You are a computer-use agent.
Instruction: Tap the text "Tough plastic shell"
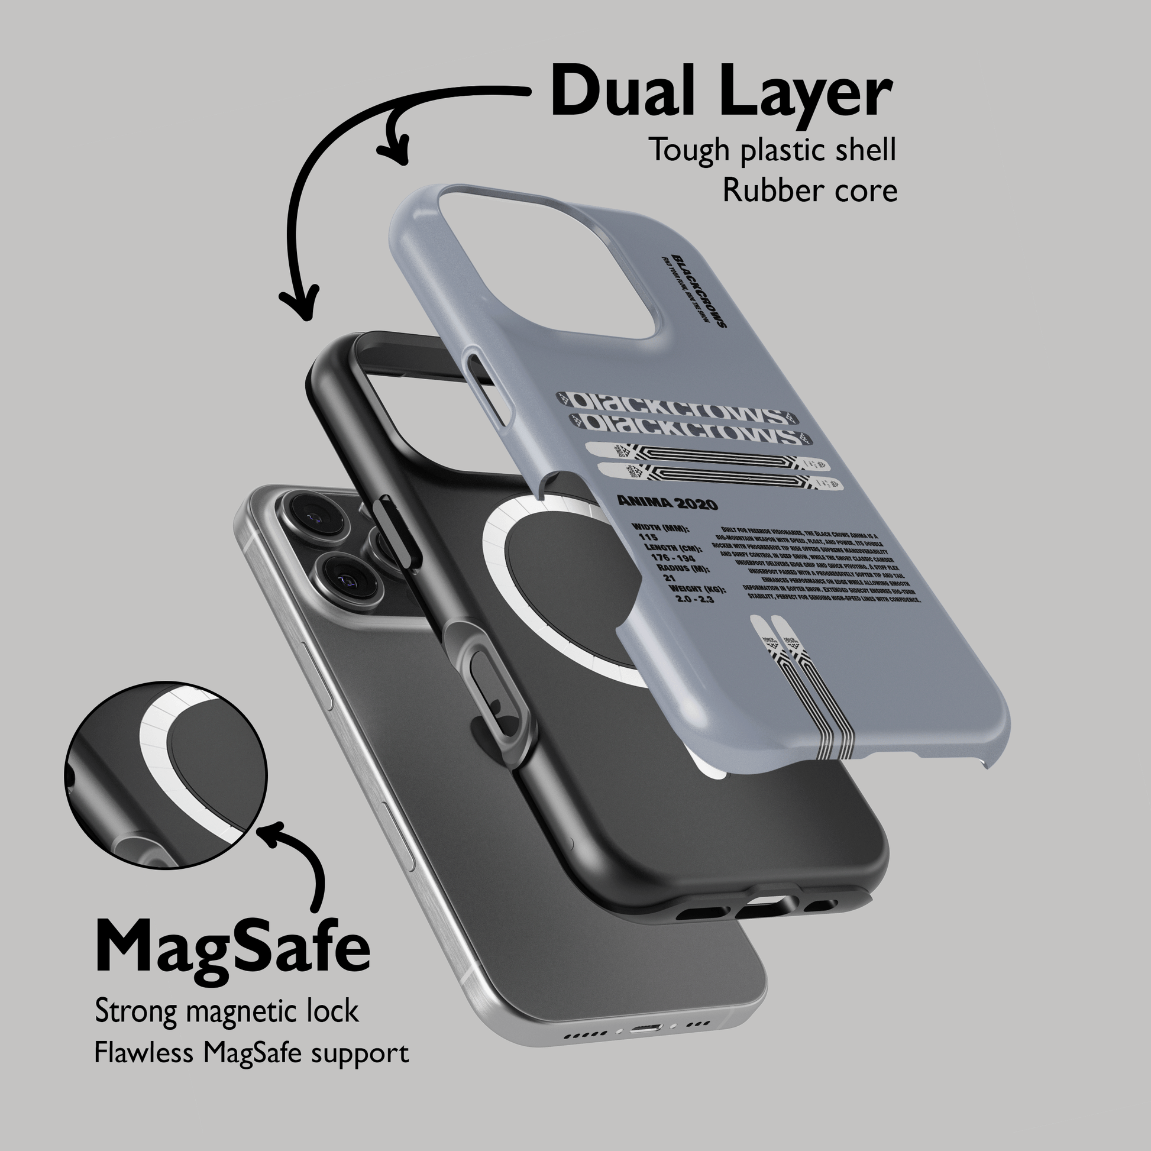point(772,150)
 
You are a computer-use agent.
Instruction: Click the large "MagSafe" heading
point(232,948)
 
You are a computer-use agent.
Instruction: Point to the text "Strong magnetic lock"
point(227,1012)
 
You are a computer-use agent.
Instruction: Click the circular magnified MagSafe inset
point(166,775)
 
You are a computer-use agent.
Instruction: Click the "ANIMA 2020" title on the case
point(667,503)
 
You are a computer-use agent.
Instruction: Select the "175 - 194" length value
point(673,557)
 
